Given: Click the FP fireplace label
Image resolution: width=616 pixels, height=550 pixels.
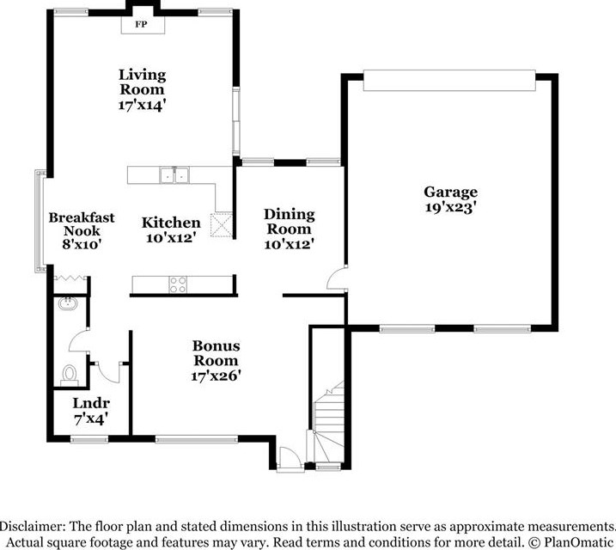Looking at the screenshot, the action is pos(141,24).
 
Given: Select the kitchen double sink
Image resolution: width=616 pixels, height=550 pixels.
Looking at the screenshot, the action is pos(174,175).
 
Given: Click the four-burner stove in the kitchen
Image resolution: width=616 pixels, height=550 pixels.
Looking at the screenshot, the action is pos(178,284).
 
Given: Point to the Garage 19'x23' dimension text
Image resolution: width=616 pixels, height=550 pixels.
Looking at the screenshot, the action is pos(450,207).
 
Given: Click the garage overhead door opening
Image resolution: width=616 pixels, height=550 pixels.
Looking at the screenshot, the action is pos(449,81).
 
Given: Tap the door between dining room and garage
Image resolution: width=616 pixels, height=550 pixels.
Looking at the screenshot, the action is pos(337,278).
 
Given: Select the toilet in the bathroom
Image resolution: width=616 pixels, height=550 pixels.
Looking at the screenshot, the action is pos(70,376).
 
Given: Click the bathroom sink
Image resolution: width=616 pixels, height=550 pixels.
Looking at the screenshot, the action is pos(68,303).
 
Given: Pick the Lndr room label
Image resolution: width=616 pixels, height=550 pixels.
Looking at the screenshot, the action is pos(91,403).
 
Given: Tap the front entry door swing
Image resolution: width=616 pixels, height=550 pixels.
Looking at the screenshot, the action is pos(290,458).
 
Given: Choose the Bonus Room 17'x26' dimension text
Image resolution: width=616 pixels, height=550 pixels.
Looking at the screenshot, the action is pos(216,376).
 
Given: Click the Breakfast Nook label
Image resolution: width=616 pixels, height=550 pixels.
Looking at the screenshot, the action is pos(82,224).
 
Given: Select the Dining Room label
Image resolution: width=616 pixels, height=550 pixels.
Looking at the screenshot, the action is pos(290,222).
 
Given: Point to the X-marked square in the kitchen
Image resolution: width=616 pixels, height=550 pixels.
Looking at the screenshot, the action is pos(222,225).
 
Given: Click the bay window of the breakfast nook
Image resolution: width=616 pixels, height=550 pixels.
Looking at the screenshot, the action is pos(40,221).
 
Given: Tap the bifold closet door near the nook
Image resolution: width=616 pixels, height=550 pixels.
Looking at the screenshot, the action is pos(70,278).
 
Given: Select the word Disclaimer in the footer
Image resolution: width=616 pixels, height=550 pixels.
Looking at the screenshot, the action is pos(32,527).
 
